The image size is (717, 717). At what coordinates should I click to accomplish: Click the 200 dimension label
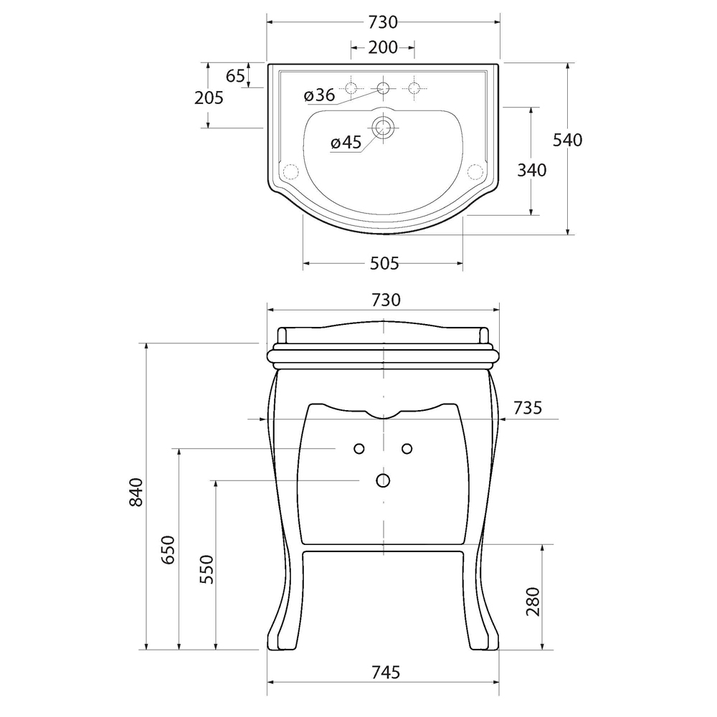coord(383,47)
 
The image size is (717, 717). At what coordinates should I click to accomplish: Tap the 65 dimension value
coord(235,75)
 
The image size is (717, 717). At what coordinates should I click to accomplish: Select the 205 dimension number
coord(209,98)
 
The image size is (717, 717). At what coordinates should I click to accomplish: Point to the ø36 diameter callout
coord(319,95)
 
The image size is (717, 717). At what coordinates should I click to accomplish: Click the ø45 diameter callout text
coord(346,142)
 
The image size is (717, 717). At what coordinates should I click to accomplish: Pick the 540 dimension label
coord(567,140)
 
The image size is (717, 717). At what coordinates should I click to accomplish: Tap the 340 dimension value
coord(532,170)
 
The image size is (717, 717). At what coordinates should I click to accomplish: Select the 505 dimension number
coord(384,263)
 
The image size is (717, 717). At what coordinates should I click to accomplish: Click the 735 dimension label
coord(527,407)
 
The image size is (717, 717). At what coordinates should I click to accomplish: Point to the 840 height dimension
coord(136,492)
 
